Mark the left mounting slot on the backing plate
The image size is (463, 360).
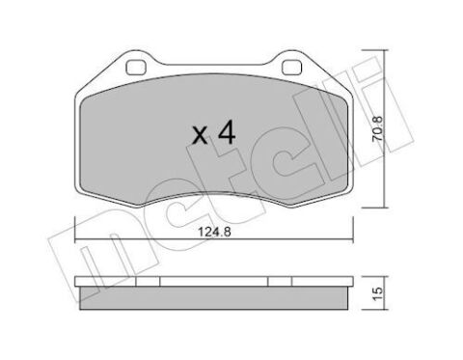coord(135,69)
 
